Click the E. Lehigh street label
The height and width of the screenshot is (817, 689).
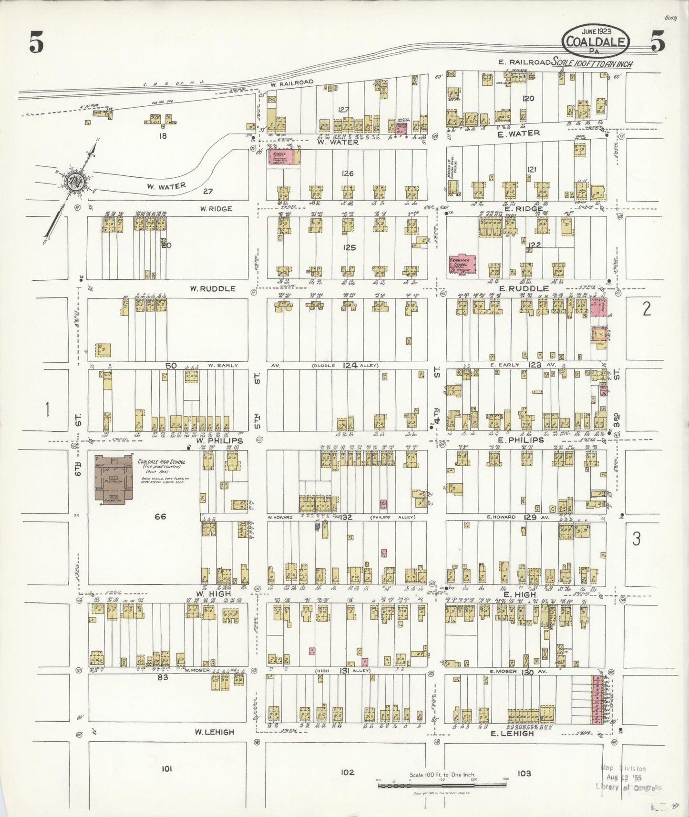[513, 734]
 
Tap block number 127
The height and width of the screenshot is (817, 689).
[343, 110]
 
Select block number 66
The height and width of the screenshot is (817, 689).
[160, 516]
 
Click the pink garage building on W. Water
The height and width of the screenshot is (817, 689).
[283, 158]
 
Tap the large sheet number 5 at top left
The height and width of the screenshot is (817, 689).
[36, 44]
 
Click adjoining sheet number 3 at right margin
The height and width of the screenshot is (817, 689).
[636, 539]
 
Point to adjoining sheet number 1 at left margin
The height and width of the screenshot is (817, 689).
[47, 409]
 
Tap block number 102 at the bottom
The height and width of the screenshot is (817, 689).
[348, 773]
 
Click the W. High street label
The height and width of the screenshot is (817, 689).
[213, 594]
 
